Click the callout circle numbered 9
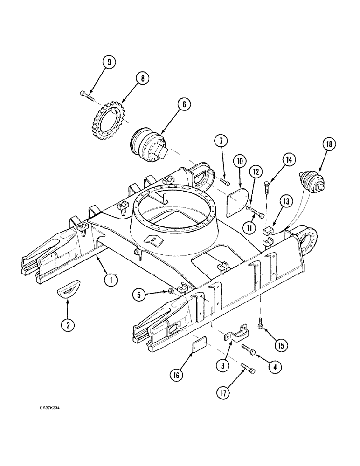(x=109, y=62)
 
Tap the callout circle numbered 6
(x=184, y=105)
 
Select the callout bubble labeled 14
(x=289, y=159)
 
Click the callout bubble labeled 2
(x=68, y=325)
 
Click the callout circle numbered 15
(x=281, y=345)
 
